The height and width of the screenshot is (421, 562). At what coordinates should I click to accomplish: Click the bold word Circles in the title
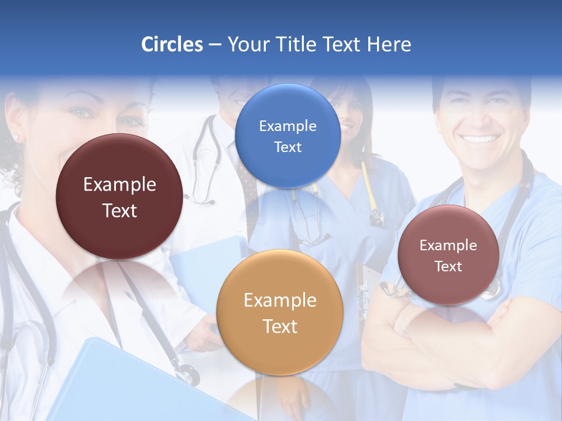tap(172, 44)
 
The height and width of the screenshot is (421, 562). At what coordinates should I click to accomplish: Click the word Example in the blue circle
tap(287, 126)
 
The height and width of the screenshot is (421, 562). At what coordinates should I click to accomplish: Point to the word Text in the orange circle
tap(280, 326)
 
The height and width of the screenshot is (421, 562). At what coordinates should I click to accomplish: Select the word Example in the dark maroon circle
tap(119, 185)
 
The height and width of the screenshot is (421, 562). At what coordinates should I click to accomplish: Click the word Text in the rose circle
tap(448, 267)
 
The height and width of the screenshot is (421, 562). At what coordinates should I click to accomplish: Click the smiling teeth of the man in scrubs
tap(479, 139)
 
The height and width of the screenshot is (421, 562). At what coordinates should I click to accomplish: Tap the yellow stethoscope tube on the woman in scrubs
tap(368, 187)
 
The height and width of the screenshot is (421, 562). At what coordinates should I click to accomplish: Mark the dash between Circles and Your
tap(215, 44)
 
